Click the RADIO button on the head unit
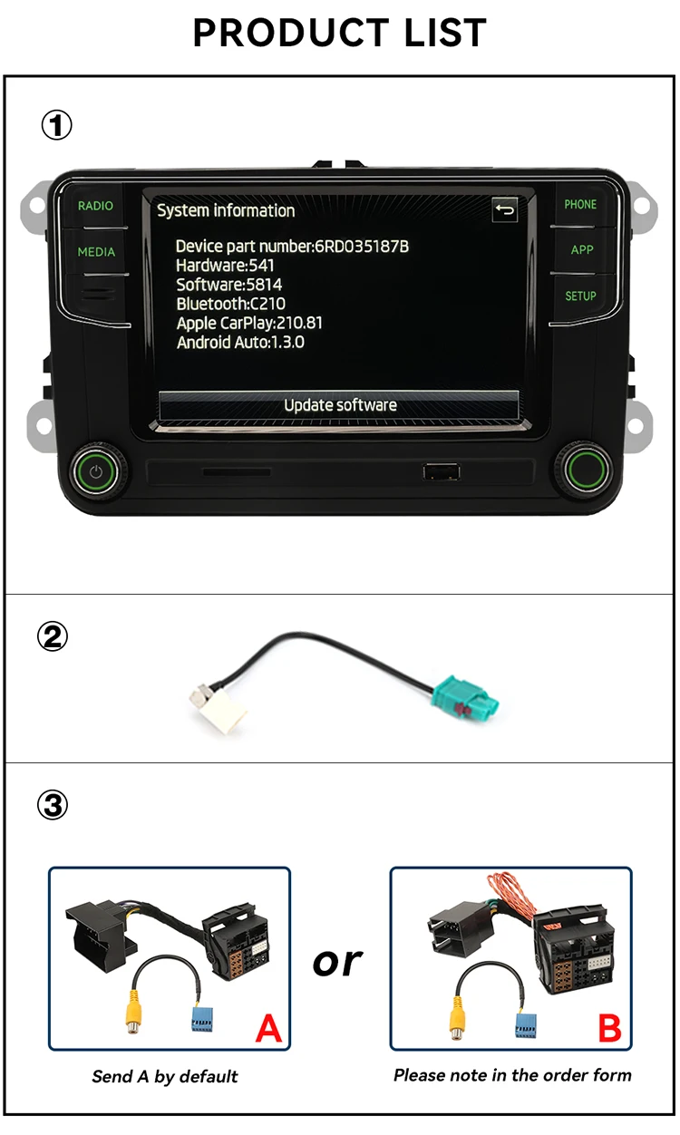click(x=95, y=206)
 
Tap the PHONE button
click(x=580, y=205)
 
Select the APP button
click(x=581, y=250)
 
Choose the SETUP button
click(x=580, y=296)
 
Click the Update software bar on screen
click(x=339, y=405)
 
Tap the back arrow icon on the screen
click(x=504, y=210)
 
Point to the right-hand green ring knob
click(x=581, y=469)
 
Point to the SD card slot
click(x=236, y=472)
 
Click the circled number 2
click(x=52, y=637)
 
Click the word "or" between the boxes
click(x=337, y=962)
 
